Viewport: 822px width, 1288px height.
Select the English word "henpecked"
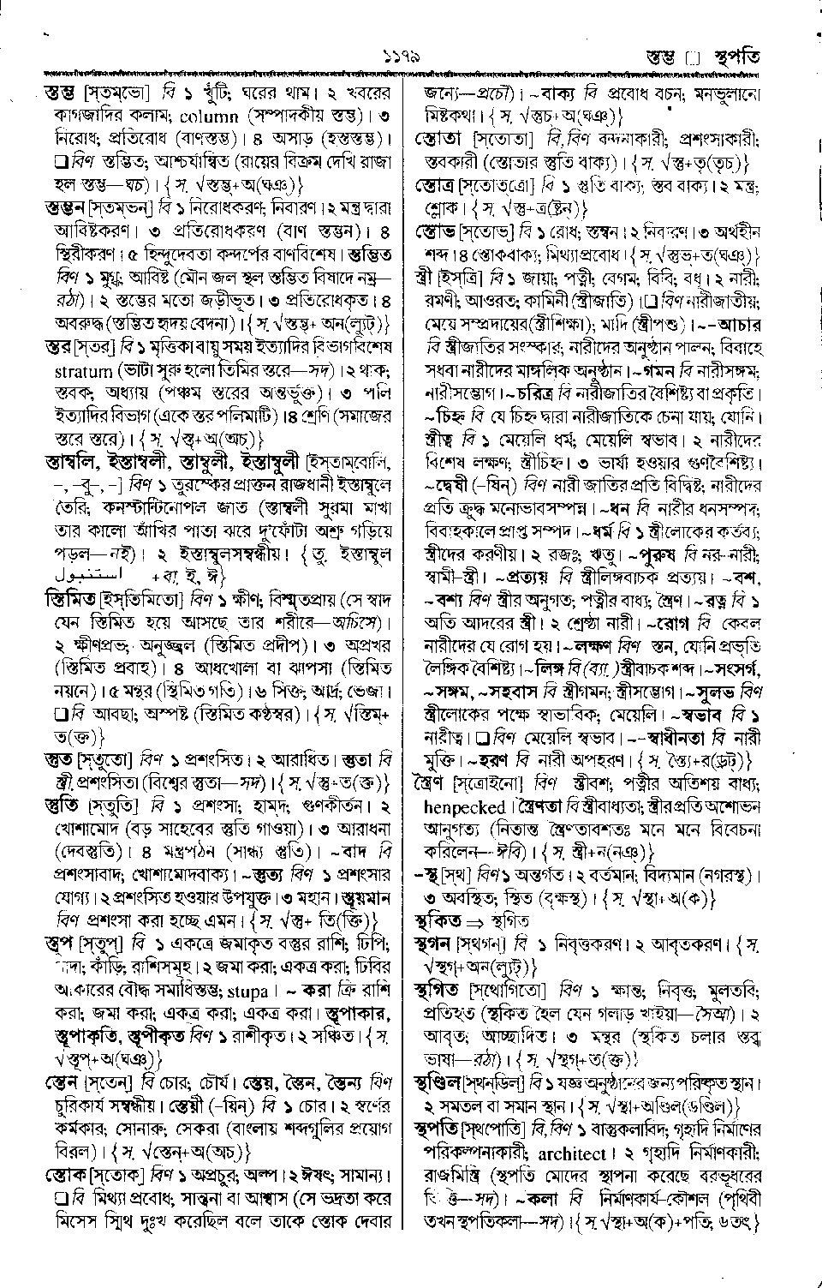pyautogui.click(x=465, y=807)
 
